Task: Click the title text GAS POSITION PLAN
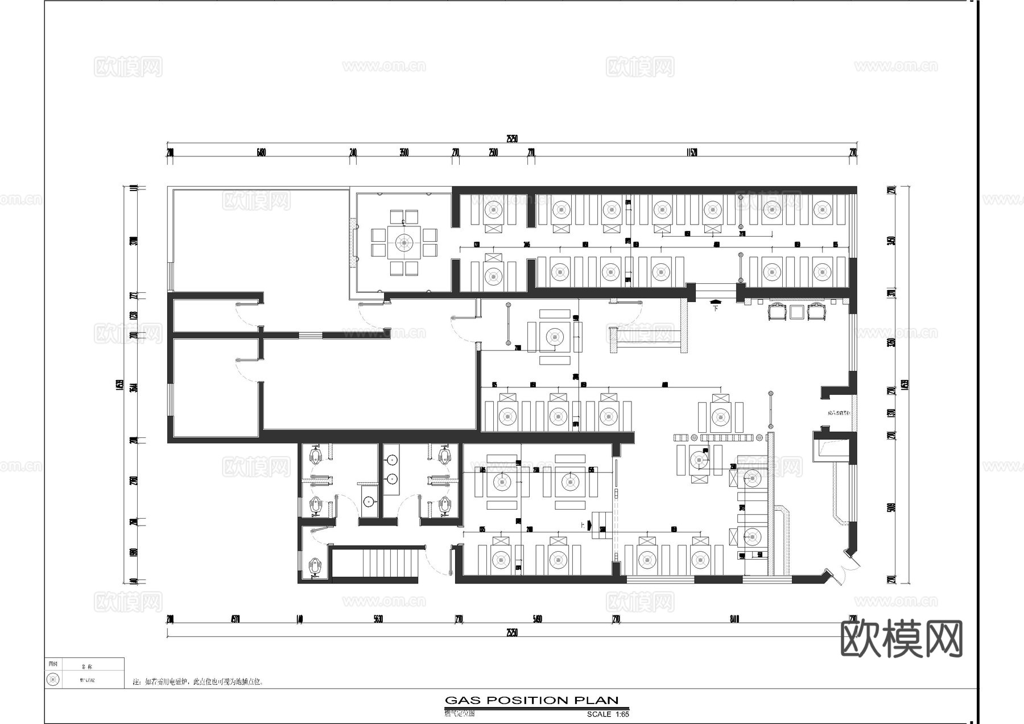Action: pyautogui.click(x=531, y=700)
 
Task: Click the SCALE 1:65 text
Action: pyautogui.click(x=608, y=714)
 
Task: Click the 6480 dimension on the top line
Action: pyautogui.click(x=261, y=152)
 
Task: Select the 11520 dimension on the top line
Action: pyautogui.click(x=691, y=152)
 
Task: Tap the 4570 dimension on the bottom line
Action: pyautogui.click(x=236, y=619)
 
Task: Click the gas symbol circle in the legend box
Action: pyautogui.click(x=53, y=680)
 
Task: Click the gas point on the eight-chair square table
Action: pyautogui.click(x=404, y=243)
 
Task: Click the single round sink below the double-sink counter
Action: pyautogui.click(x=369, y=502)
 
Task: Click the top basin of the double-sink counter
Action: pyautogui.click(x=391, y=460)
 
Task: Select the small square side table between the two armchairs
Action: pyautogui.click(x=797, y=311)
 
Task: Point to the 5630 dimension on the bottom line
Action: pyautogui.click(x=378, y=619)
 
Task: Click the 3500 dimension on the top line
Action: pyautogui.click(x=404, y=152)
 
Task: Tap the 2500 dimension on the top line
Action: pyautogui.click(x=493, y=152)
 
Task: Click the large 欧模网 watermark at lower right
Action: pyautogui.click(x=901, y=639)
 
